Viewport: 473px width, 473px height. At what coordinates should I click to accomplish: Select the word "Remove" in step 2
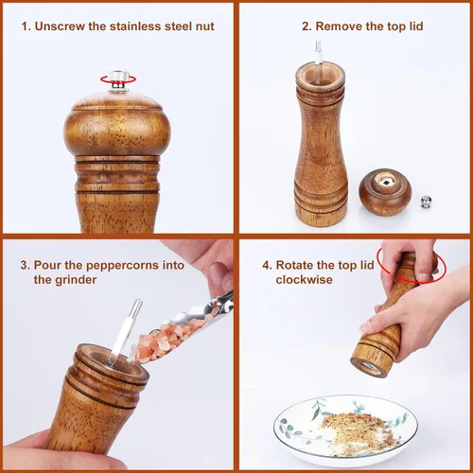pyautogui.click(x=333, y=26)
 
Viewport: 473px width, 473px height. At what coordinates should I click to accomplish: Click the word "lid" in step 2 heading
pyautogui.click(x=412, y=26)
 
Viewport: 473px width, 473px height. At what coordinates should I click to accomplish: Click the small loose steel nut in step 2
pyautogui.click(x=427, y=201)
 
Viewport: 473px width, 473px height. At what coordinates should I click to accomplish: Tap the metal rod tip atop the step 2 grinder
pyautogui.click(x=320, y=53)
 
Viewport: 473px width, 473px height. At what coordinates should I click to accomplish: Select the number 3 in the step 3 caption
pyautogui.click(x=23, y=265)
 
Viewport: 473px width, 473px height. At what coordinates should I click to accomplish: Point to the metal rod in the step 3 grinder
pyautogui.click(x=125, y=331)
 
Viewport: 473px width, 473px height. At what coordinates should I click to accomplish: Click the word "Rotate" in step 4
pyautogui.click(x=298, y=265)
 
